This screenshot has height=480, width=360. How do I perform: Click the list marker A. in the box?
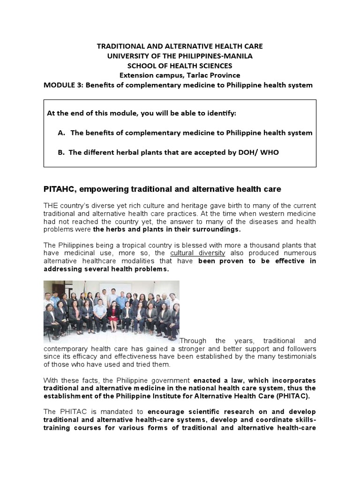click(61, 133)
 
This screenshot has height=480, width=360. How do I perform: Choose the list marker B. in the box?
click(61, 152)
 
